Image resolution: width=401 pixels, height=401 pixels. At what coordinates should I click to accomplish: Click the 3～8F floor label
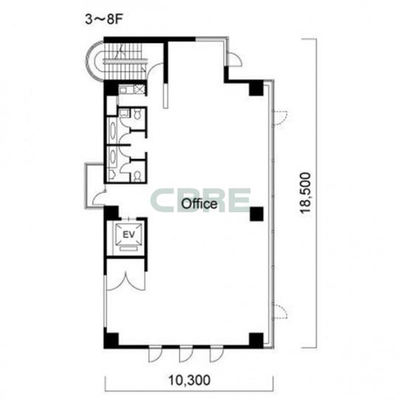pos(104,19)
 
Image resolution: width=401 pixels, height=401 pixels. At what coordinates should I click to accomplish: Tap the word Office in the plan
pos(199,204)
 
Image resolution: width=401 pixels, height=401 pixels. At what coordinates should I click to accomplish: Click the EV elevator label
pos(129,234)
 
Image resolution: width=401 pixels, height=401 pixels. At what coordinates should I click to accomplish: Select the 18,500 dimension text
pos(306,193)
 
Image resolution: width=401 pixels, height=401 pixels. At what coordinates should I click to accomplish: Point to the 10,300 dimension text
pos(189,380)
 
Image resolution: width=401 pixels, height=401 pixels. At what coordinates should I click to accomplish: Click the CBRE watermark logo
pos(200,200)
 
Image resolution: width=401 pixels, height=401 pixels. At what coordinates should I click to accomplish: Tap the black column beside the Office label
pos(257,214)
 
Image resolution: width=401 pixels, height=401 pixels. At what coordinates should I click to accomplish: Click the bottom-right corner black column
pos(257,340)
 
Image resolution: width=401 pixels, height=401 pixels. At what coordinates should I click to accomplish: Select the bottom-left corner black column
pos(111,340)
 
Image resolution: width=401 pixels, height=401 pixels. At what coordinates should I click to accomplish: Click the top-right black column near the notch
pos(257,88)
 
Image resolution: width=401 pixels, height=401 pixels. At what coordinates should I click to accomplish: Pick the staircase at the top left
pos(125,61)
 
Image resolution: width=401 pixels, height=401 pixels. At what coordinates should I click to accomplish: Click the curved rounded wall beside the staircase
pos(91,61)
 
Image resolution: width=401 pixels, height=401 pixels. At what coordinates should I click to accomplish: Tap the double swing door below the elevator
pos(125,281)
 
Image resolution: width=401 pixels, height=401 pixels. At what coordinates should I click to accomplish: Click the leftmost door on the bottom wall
pos(156,354)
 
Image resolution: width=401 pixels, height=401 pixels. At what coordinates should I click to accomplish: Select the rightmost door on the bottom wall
pos(217,354)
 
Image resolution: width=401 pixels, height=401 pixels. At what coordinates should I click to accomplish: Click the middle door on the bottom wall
pos(186,354)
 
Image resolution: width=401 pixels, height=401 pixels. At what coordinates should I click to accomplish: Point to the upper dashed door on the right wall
pos(281,118)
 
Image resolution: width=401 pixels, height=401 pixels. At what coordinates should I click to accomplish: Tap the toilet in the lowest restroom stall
pos(138,176)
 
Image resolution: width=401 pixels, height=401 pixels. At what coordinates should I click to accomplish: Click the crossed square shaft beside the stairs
pos(139,89)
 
